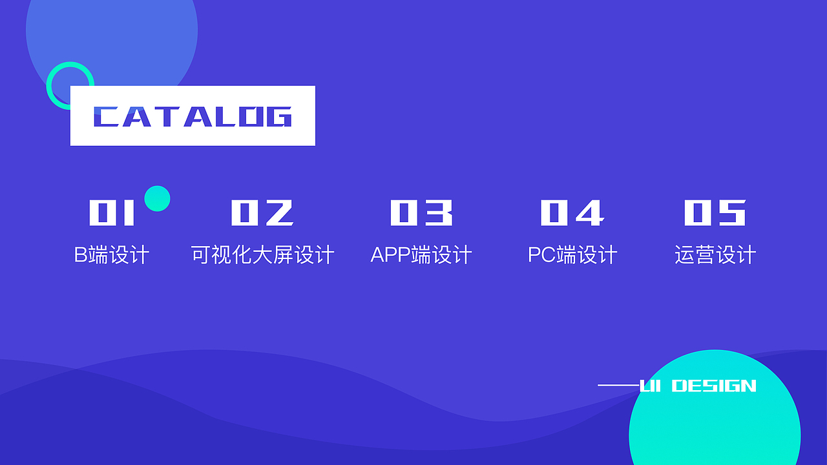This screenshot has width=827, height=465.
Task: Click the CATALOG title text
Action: tap(193, 117)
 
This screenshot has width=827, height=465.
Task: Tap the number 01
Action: tap(112, 212)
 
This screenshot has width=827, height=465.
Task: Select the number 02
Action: tap(262, 212)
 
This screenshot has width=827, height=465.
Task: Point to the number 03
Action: tap(421, 212)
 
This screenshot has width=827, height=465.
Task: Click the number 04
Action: tap(572, 212)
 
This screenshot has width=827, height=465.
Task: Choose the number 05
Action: tap(715, 212)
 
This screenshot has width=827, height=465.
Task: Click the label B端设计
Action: tap(112, 254)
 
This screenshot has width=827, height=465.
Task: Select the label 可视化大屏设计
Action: tap(262, 254)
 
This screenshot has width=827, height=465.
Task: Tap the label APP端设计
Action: tap(421, 254)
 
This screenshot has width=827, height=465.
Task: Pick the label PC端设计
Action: tap(572, 254)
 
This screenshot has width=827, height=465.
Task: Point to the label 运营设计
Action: tap(715, 254)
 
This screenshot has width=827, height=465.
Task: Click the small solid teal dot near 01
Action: tap(157, 198)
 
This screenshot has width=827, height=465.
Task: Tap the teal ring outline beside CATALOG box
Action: tap(48, 86)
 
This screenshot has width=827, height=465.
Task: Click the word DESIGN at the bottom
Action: tap(714, 386)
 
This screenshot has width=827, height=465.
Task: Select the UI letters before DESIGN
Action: tap(650, 386)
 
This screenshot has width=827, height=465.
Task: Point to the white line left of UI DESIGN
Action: tap(619, 386)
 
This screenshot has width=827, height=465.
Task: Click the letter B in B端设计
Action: tap(81, 254)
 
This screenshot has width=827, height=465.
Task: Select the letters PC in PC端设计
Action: tap(542, 254)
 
